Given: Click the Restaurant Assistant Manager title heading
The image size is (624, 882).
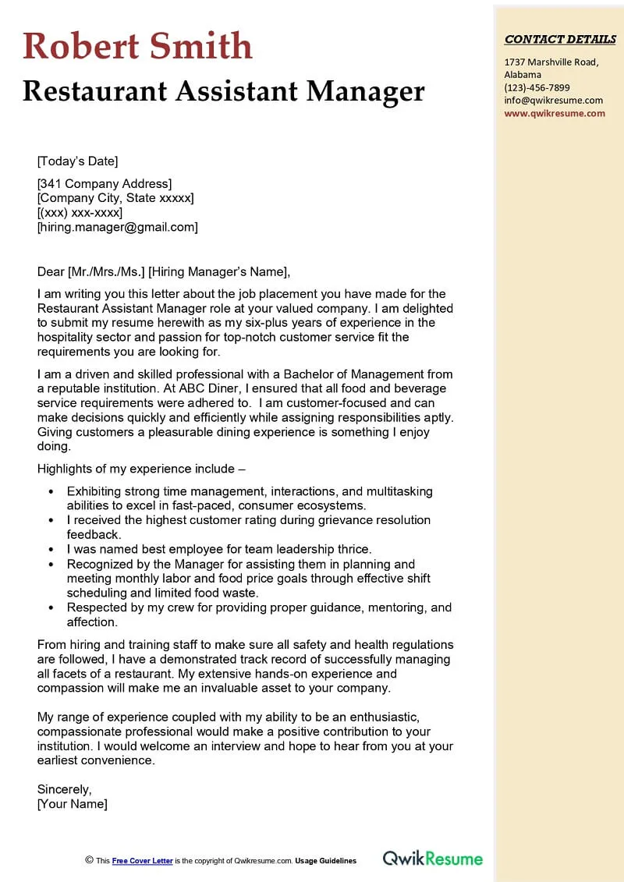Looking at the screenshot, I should click(223, 91).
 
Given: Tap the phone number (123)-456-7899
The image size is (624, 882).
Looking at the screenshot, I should click(537, 87).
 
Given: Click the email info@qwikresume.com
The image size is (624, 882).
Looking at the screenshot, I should click(553, 100).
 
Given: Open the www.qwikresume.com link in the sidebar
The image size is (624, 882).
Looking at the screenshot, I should click(555, 112).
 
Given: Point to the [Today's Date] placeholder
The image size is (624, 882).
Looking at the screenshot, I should click(77, 161).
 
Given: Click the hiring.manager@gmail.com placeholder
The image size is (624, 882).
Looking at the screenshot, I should click(118, 227).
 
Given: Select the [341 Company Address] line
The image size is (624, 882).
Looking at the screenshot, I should click(104, 183).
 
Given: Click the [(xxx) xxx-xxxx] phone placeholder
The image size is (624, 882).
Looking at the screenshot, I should click(80, 212).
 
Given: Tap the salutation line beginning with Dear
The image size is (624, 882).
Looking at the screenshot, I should click(164, 271).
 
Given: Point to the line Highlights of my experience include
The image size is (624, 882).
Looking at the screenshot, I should click(141, 469).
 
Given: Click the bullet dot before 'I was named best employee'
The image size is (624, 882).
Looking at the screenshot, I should click(51, 550).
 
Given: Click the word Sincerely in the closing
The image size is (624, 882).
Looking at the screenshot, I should click(64, 789).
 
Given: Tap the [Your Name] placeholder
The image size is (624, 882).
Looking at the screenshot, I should click(73, 803).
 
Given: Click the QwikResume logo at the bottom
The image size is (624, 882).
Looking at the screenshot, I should click(432, 859).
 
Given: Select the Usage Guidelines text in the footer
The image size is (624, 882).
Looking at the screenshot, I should click(325, 861).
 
